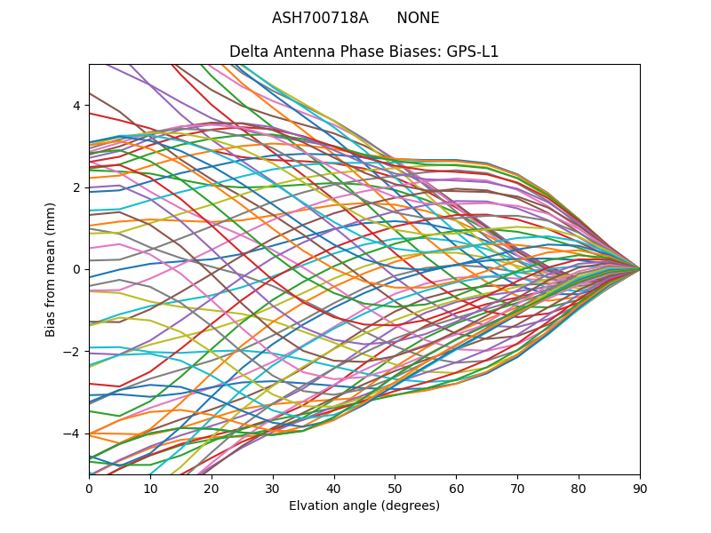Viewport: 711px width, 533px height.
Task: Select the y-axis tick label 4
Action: click(76, 106)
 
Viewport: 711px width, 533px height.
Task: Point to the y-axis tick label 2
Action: click(76, 187)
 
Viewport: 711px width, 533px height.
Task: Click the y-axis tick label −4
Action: click(73, 434)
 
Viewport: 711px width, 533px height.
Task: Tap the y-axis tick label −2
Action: click(73, 352)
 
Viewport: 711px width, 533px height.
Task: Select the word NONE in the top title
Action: click(418, 19)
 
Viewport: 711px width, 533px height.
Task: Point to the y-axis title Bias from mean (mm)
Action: click(51, 268)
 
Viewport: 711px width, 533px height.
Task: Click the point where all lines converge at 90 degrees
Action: click(639, 269)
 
